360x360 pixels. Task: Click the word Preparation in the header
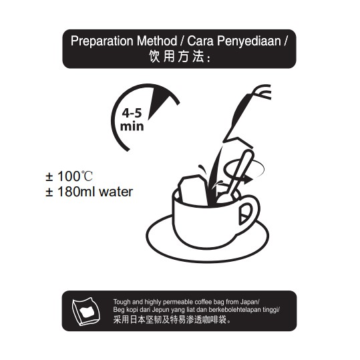[x=102, y=41]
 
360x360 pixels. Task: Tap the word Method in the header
[x=157, y=41]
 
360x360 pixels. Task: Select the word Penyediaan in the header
[x=249, y=41]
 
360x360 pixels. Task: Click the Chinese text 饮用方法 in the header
[x=176, y=56]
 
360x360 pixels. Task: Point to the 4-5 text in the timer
[x=132, y=113]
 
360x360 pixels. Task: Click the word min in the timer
[x=132, y=126]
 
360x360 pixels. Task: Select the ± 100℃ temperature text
[x=69, y=176]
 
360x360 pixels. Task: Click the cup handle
[x=248, y=214]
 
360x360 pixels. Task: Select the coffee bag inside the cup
[x=194, y=190]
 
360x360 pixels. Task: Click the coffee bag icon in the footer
[x=86, y=311]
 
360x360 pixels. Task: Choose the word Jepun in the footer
[x=160, y=310]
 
